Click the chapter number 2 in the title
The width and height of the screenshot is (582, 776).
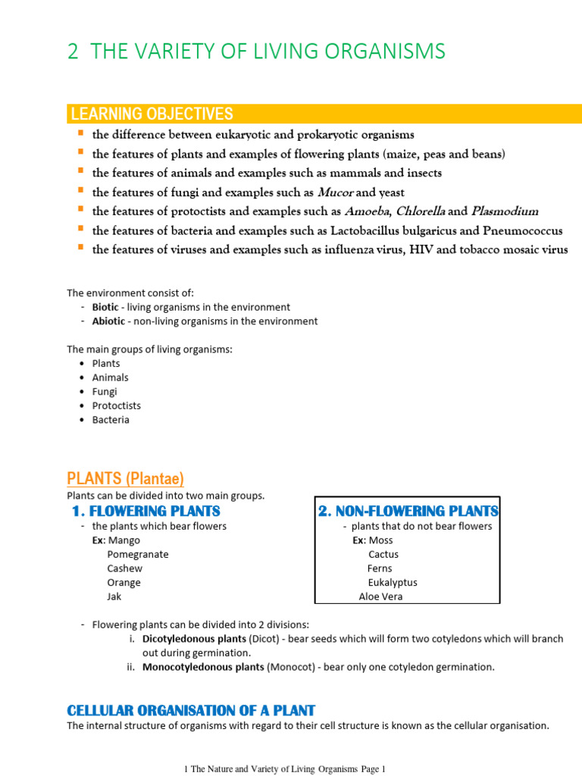coord(73,52)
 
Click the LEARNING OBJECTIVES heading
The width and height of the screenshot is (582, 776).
coord(152,114)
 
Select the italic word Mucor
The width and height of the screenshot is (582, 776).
coord(335,191)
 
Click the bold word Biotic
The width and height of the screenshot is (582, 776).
coord(105,307)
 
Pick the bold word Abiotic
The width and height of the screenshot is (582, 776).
coord(108,321)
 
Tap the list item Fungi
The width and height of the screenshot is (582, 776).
coord(105,392)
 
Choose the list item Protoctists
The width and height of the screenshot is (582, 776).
coord(116,405)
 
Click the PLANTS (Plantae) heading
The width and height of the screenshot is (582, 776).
coord(125,479)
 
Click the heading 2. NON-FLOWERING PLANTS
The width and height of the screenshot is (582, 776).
coord(408,511)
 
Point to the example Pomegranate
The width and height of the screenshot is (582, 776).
coord(138,554)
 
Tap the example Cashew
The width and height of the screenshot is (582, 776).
coord(124,568)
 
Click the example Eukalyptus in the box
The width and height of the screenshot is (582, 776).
coord(393,583)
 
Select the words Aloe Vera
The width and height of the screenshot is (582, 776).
coord(380,596)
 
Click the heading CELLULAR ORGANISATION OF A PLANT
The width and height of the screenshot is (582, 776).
coord(191,710)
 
